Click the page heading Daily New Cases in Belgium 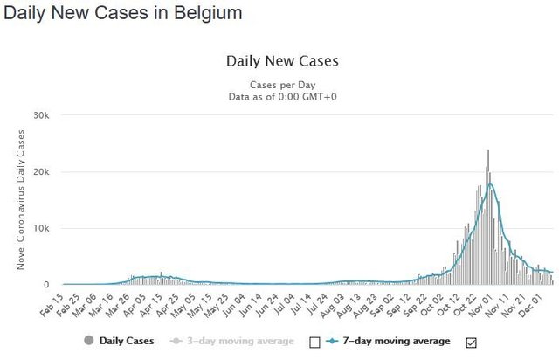pyautogui.click(x=122, y=15)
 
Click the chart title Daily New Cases pyautogui.click(x=282, y=61)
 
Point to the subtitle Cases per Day pyautogui.click(x=282, y=84)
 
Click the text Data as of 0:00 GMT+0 pyautogui.click(x=282, y=96)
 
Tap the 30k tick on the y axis pyautogui.click(x=41, y=115)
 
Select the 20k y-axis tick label pyautogui.click(x=41, y=172)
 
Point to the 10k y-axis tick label pyautogui.click(x=41, y=228)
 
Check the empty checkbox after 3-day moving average pyautogui.click(x=315, y=342)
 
